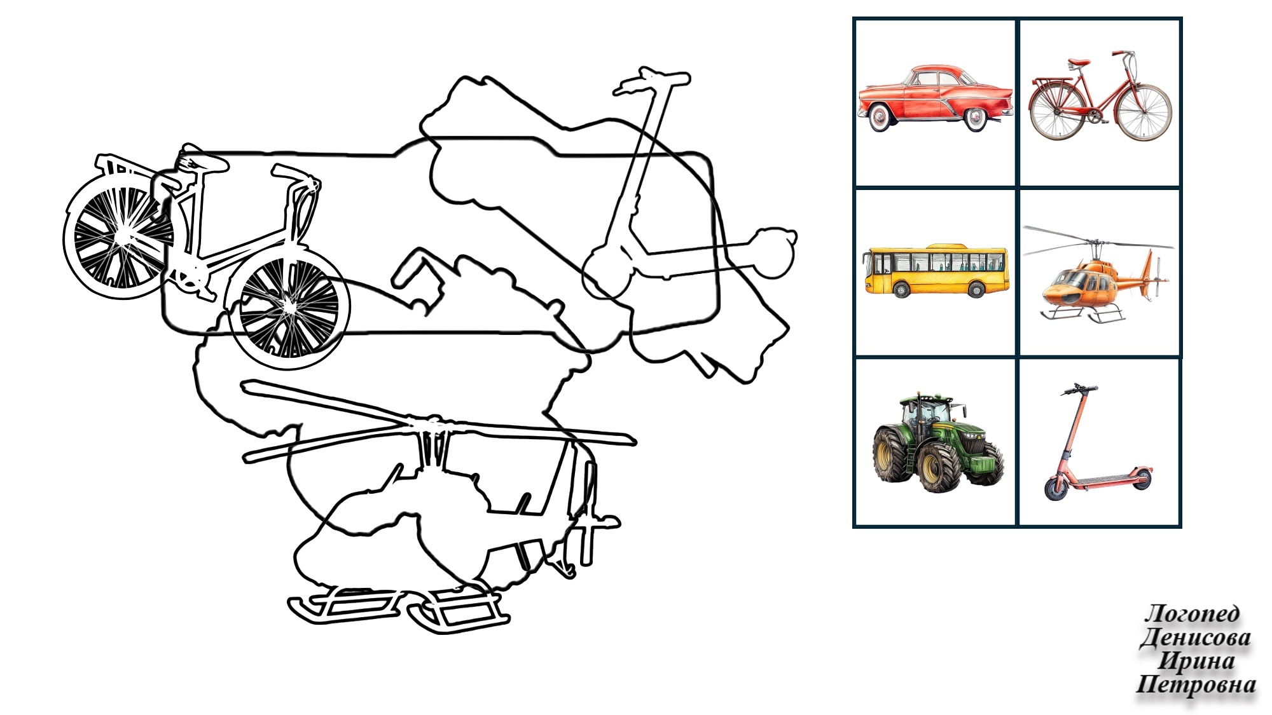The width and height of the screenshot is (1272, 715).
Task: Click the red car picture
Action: click(935, 98)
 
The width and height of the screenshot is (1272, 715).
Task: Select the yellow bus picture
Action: click(936, 270)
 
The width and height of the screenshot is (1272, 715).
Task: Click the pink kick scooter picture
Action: click(1098, 441)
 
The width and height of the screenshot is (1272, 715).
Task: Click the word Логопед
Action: click(1192, 613)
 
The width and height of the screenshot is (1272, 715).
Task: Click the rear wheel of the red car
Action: click(880, 117)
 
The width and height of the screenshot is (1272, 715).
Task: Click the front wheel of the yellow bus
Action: click(902, 290)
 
